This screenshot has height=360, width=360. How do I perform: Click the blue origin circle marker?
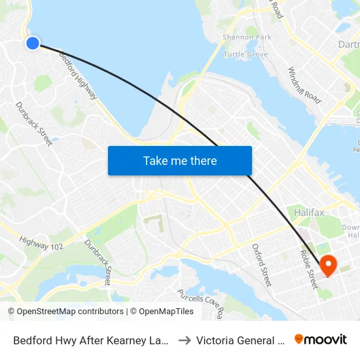click(x=32, y=43)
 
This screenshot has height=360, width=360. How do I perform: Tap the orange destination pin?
click(x=328, y=264)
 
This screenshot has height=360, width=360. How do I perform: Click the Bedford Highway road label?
click(x=79, y=75)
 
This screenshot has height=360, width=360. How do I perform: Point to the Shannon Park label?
click(x=247, y=37)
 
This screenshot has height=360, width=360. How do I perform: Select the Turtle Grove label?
click(x=245, y=54)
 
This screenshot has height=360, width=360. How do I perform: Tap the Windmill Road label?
click(x=304, y=86)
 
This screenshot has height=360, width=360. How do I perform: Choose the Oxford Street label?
click(x=262, y=265)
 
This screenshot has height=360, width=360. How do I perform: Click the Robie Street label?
click(x=308, y=269)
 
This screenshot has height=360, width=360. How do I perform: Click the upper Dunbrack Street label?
click(x=34, y=123)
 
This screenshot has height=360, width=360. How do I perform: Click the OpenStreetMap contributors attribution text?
click(x=65, y=312)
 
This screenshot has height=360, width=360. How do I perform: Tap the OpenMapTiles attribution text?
click(x=162, y=312)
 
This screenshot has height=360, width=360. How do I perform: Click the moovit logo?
click(x=321, y=339)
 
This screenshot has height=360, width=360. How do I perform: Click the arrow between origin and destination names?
click(x=185, y=340)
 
